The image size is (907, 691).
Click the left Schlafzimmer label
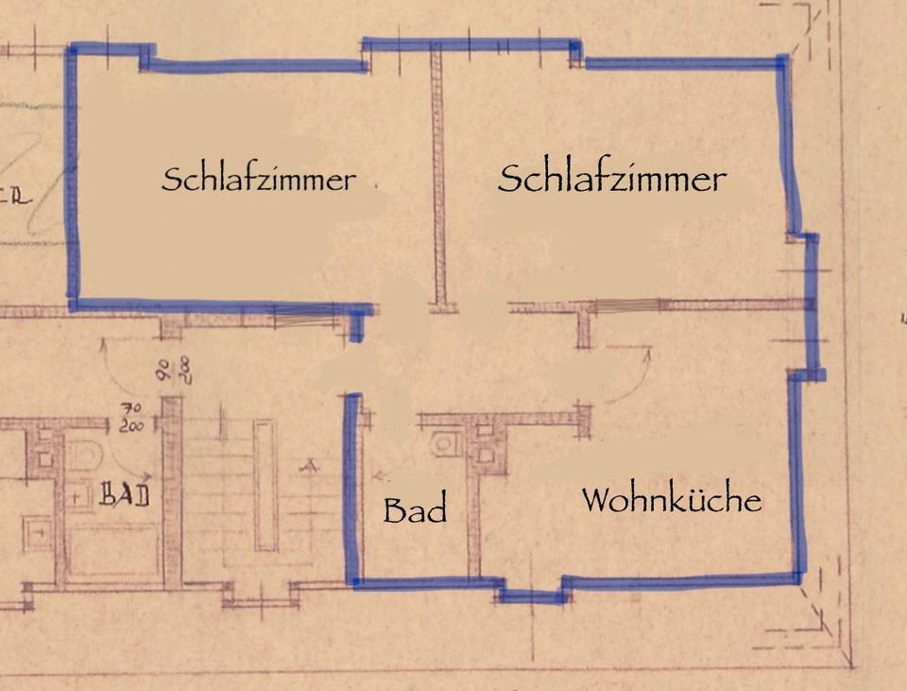(258, 179)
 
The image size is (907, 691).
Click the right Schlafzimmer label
(611, 178)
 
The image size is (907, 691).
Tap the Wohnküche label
(671, 499)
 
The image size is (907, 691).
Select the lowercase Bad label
(414, 510)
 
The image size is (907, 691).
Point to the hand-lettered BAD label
(124, 494)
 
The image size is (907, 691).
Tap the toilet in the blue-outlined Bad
(442, 443)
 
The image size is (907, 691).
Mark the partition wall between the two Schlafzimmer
(439, 180)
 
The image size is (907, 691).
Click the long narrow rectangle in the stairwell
(265, 484)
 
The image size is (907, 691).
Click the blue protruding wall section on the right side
(811, 304)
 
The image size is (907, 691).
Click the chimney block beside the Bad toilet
(485, 444)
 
